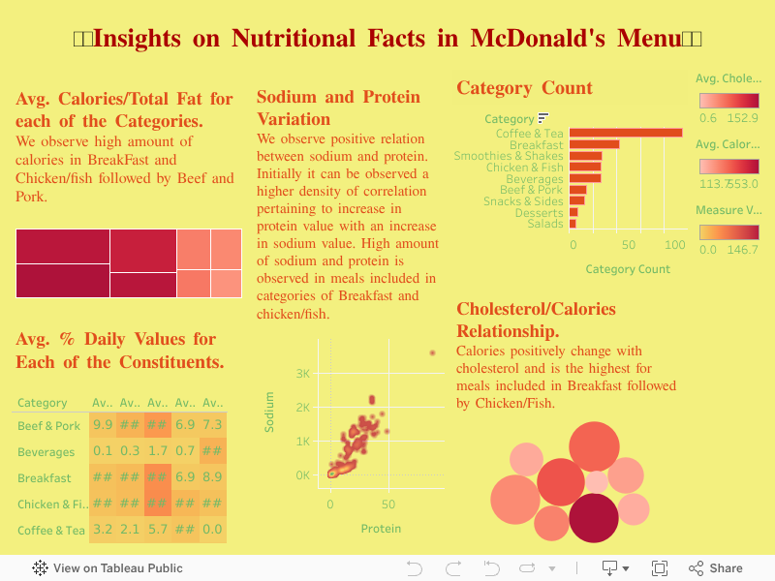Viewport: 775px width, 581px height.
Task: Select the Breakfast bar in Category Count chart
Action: click(594, 144)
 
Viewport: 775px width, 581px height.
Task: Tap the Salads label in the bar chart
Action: click(545, 224)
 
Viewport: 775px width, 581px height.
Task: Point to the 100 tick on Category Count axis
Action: click(675, 245)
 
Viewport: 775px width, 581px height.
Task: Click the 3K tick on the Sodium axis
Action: click(302, 374)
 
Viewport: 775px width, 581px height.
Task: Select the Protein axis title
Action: click(381, 529)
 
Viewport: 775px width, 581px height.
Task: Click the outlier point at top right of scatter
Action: click(433, 352)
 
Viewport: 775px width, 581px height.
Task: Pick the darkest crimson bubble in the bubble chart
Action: click(593, 518)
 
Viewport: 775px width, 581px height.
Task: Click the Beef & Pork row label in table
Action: click(48, 426)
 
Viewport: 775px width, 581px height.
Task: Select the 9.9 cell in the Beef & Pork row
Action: click(103, 425)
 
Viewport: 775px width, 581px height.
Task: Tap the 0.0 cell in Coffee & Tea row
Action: click(213, 530)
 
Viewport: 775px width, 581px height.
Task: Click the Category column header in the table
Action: click(43, 403)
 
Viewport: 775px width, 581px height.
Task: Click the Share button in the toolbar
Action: click(716, 568)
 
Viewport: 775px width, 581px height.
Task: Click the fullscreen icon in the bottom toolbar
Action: click(660, 568)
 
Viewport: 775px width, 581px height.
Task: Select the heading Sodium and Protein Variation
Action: click(338, 107)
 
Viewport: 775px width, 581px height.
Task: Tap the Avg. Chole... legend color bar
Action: click(728, 101)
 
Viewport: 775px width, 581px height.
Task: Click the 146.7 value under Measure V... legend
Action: click(742, 250)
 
